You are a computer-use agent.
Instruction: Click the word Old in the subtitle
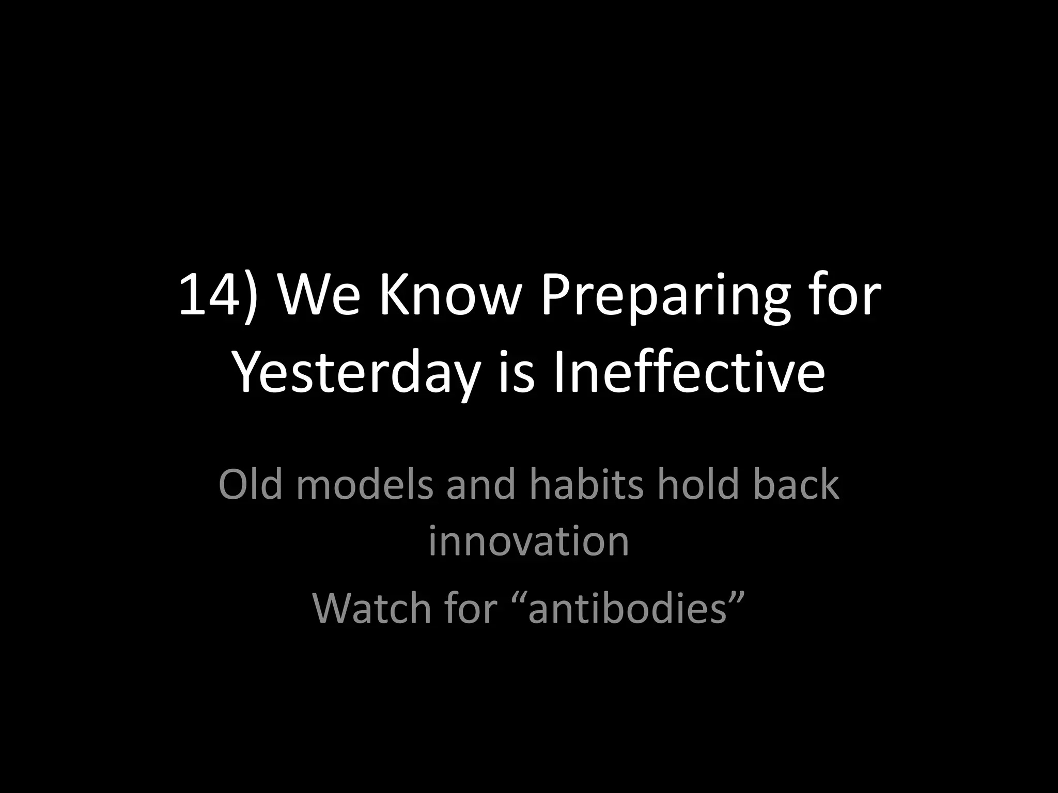(251, 484)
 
